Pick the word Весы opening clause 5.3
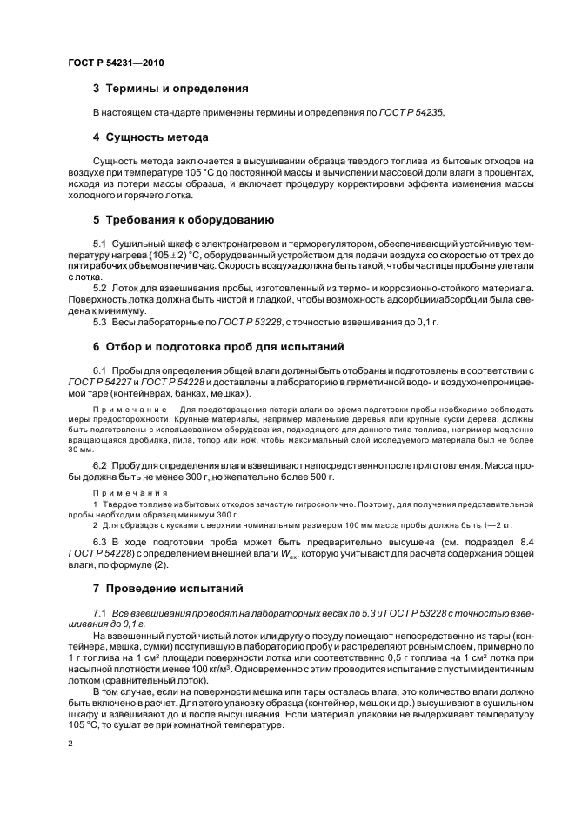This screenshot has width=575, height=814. pos(126,321)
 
